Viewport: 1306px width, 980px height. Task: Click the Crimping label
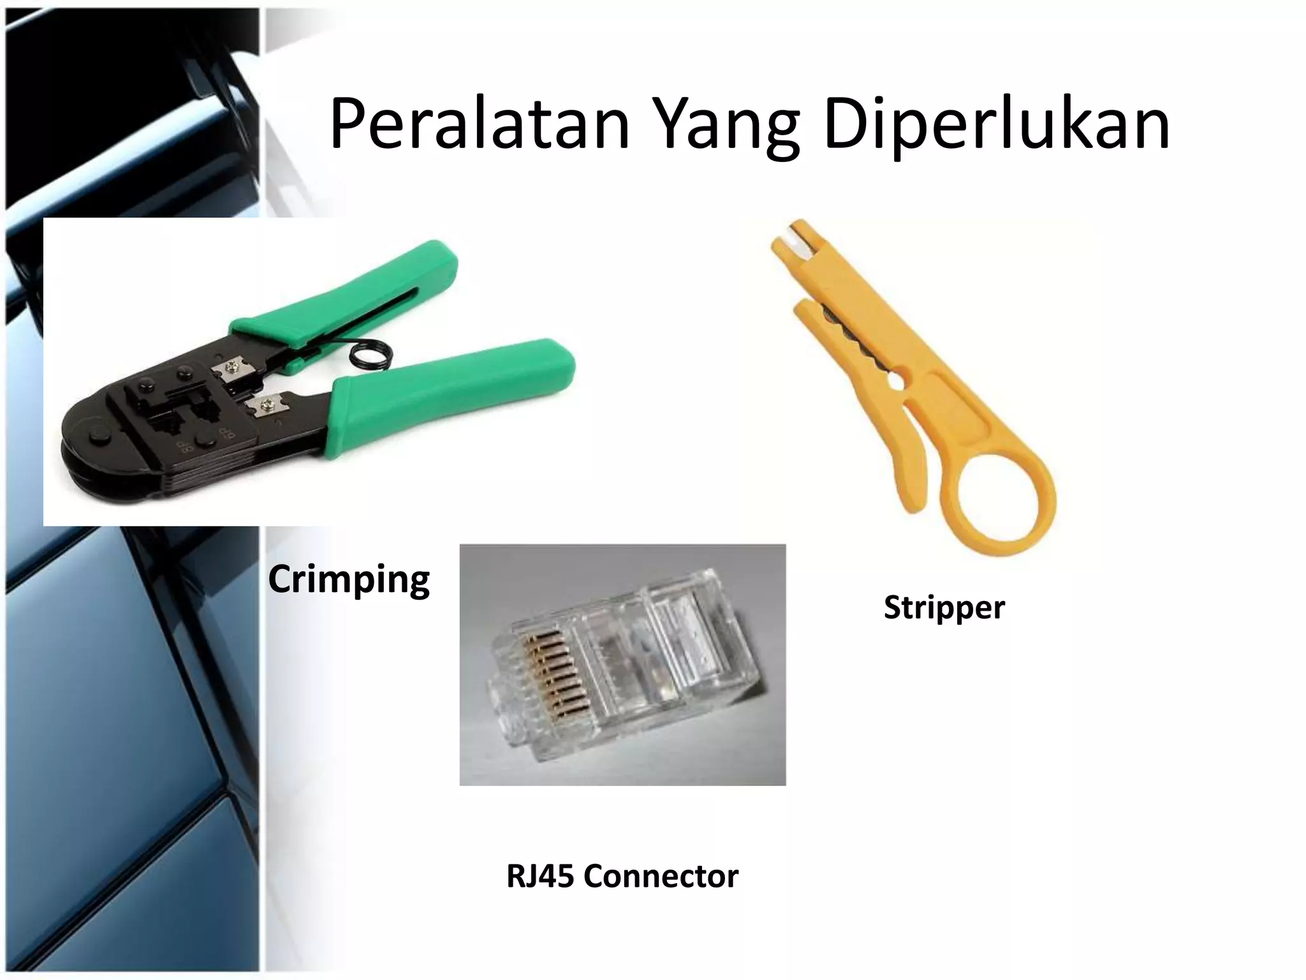(349, 579)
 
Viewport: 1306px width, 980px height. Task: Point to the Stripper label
(944, 607)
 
